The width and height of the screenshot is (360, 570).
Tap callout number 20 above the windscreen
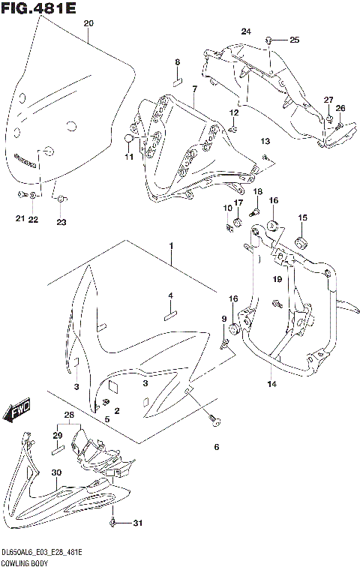tap(88, 24)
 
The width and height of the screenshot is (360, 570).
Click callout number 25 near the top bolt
tap(294, 39)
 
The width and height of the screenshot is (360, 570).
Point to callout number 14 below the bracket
tap(271, 384)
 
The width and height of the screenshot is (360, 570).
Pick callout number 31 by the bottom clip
tap(136, 523)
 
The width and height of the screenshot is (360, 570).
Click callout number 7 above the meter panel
tap(193, 89)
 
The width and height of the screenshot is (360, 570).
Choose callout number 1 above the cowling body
tap(170, 246)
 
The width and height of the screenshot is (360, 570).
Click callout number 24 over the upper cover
tap(245, 31)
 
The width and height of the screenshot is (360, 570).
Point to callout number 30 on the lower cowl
tap(55, 472)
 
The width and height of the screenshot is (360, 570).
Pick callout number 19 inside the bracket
tap(277, 280)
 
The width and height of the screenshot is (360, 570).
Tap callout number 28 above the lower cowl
tap(69, 415)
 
